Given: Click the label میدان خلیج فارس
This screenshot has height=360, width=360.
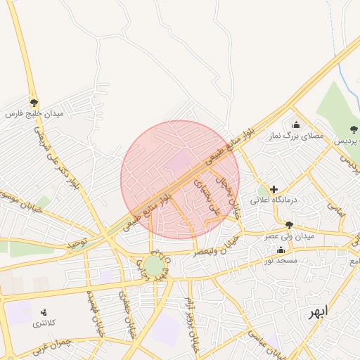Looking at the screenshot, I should [x=34, y=113].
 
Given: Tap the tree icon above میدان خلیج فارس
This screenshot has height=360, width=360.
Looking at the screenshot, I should [x=34, y=103].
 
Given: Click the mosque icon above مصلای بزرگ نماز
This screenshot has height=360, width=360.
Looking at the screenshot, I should [x=295, y=125].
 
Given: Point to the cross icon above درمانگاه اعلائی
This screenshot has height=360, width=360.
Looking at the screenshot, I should [x=274, y=189].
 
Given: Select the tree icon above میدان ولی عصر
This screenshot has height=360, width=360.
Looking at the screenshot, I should [x=289, y=225].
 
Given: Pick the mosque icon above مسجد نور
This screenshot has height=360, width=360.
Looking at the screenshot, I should [x=281, y=250].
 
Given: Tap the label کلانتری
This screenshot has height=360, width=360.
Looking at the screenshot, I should [x=46, y=324].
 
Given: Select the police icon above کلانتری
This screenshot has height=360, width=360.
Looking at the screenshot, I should [x=44, y=312].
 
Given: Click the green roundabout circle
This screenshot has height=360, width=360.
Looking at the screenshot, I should [x=153, y=265].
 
